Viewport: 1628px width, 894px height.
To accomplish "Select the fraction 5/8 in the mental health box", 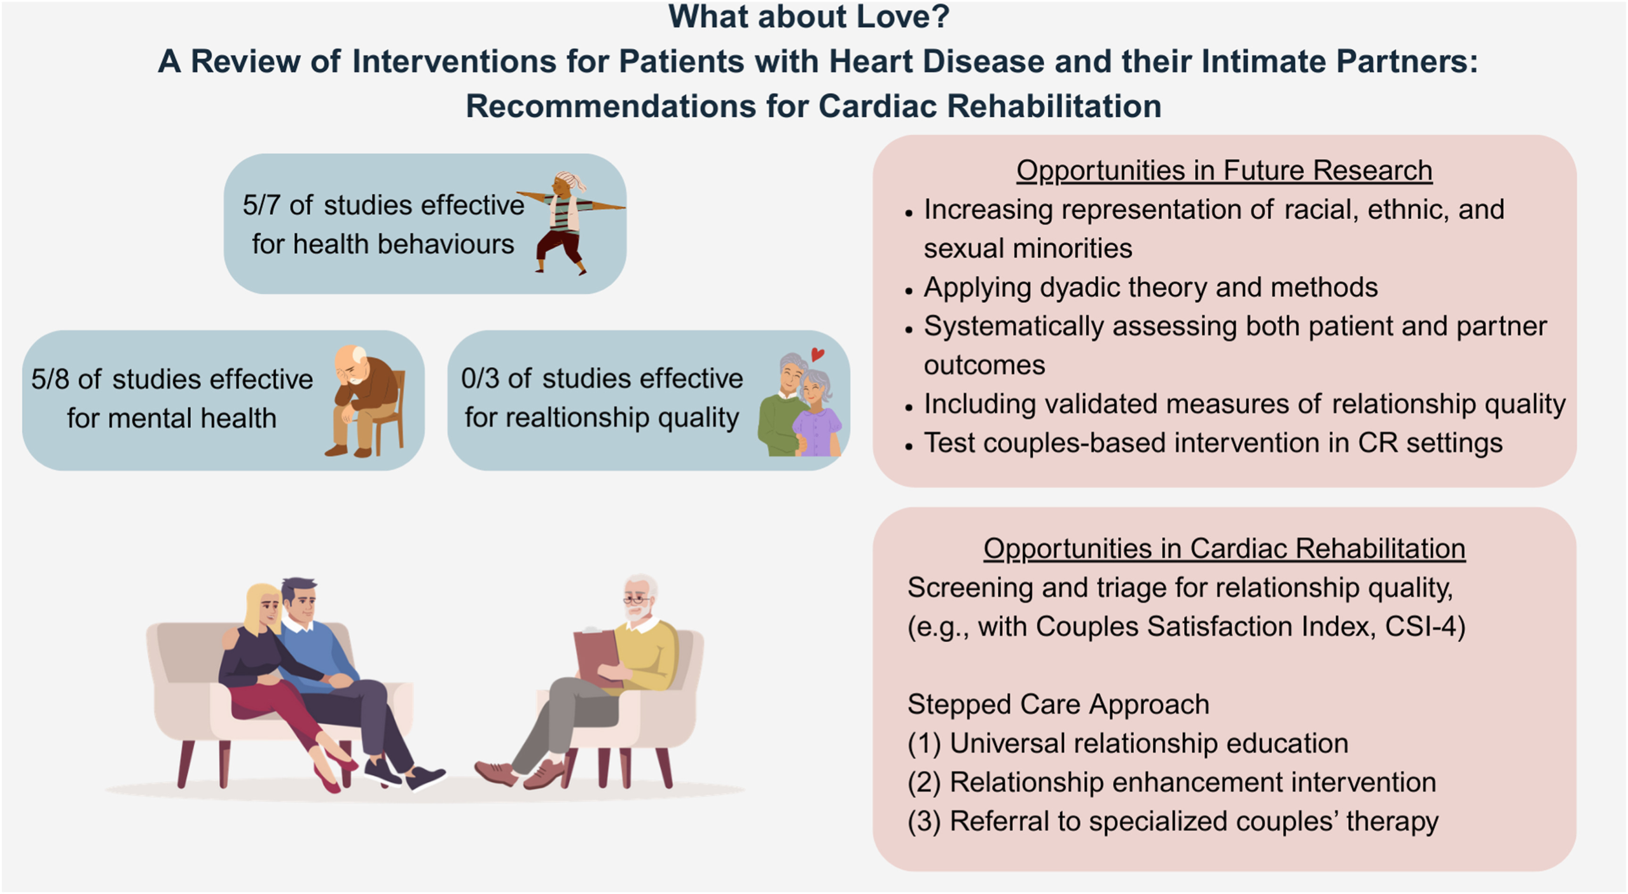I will pyautogui.click(x=50, y=379).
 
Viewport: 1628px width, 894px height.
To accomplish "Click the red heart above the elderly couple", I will pyautogui.click(x=818, y=354).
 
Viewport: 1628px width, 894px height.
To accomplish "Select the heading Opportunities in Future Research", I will pyautogui.click(x=1224, y=171).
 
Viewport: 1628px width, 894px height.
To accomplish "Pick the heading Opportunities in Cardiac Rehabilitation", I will pyautogui.click(x=1224, y=548).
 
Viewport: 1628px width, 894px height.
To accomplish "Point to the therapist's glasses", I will pyautogui.click(x=636, y=599).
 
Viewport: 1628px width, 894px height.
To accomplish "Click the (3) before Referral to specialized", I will pyautogui.click(x=923, y=821).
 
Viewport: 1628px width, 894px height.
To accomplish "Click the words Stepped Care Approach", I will pyautogui.click(x=1058, y=704).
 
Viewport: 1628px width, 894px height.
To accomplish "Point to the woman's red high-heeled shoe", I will pyautogui.click(x=328, y=781).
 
